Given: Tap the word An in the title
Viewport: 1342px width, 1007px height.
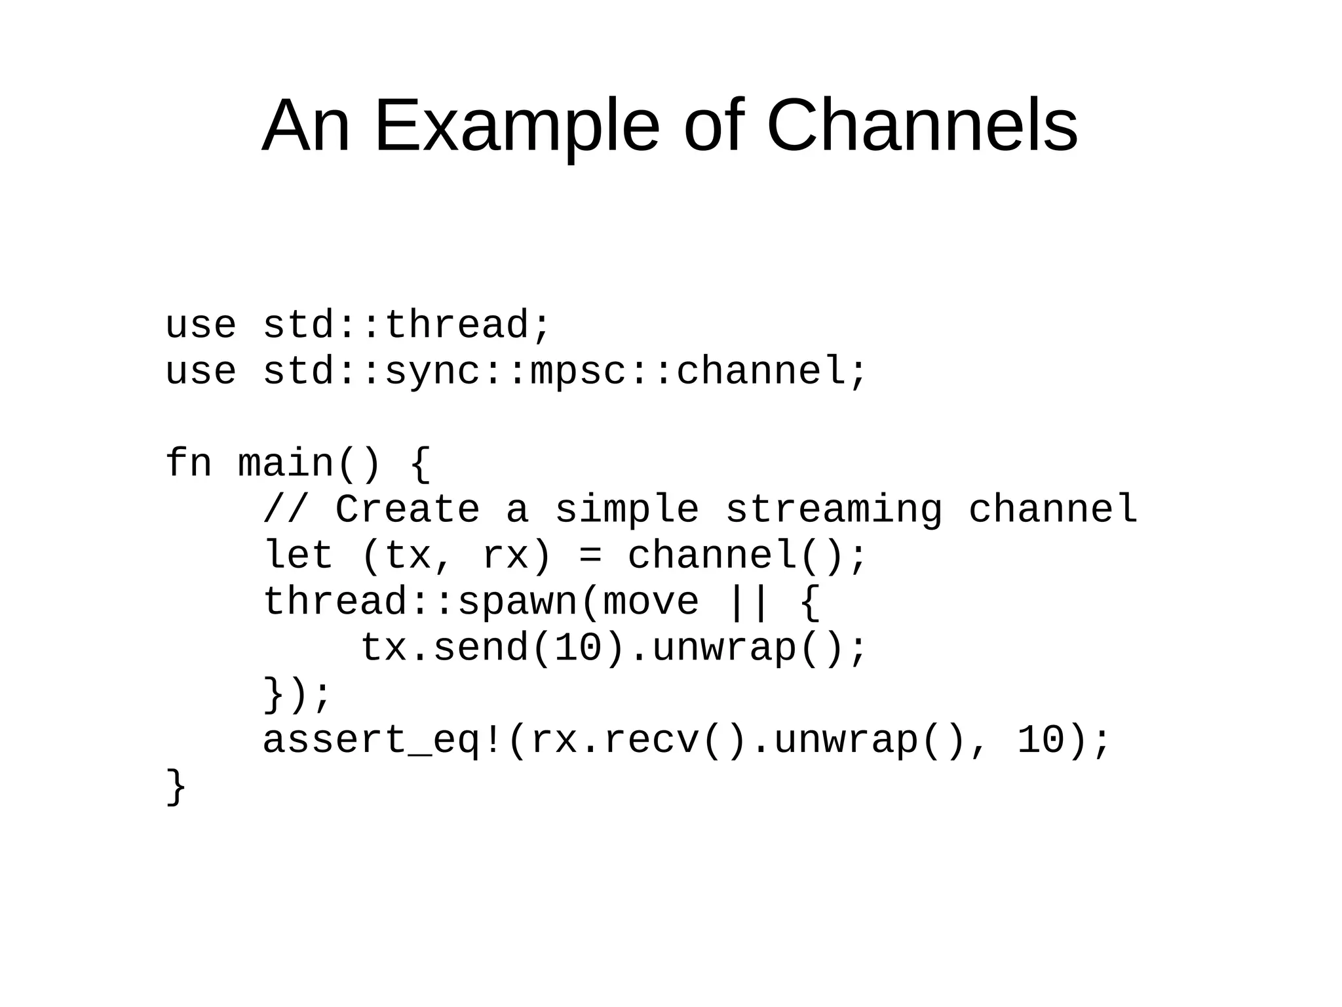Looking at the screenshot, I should [x=305, y=126].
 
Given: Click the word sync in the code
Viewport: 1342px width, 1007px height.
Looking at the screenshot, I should [x=432, y=372].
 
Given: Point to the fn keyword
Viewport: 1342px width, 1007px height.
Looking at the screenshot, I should [x=188, y=463].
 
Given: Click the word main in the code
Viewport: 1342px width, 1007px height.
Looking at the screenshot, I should [x=286, y=463].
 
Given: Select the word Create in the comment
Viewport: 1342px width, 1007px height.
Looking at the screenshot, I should [x=408, y=509].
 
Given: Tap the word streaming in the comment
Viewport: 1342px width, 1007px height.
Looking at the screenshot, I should [x=834, y=509].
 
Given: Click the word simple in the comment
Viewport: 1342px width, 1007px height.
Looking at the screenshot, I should [x=627, y=509].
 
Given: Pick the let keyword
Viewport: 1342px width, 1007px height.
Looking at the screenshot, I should [x=298, y=555].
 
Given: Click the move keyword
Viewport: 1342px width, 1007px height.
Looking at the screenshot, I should [x=651, y=602].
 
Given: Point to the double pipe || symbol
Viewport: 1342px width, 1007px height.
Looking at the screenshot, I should [x=748, y=602].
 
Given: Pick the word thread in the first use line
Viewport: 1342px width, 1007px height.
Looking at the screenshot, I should [x=457, y=325].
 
